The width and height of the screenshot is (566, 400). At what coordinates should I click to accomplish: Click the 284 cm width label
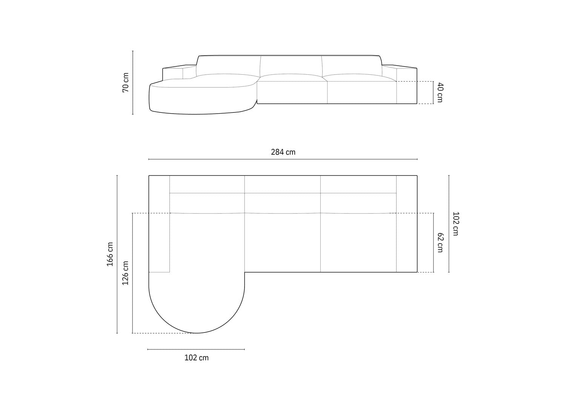[283, 152]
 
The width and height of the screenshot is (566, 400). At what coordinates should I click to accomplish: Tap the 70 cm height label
[126, 82]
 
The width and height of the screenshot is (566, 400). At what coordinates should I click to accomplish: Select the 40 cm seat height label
[440, 92]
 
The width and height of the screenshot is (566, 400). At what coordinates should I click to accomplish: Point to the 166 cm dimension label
[110, 254]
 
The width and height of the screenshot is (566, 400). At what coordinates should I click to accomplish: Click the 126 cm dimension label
[125, 273]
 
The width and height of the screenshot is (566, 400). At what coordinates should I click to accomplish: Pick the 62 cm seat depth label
[440, 243]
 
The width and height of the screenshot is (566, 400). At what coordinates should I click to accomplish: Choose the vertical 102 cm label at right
[455, 224]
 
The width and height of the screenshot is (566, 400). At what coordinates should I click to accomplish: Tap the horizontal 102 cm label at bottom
[197, 358]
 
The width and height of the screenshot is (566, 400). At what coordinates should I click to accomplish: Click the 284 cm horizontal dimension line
[283, 159]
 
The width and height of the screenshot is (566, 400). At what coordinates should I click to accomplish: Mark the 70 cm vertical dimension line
[133, 83]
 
